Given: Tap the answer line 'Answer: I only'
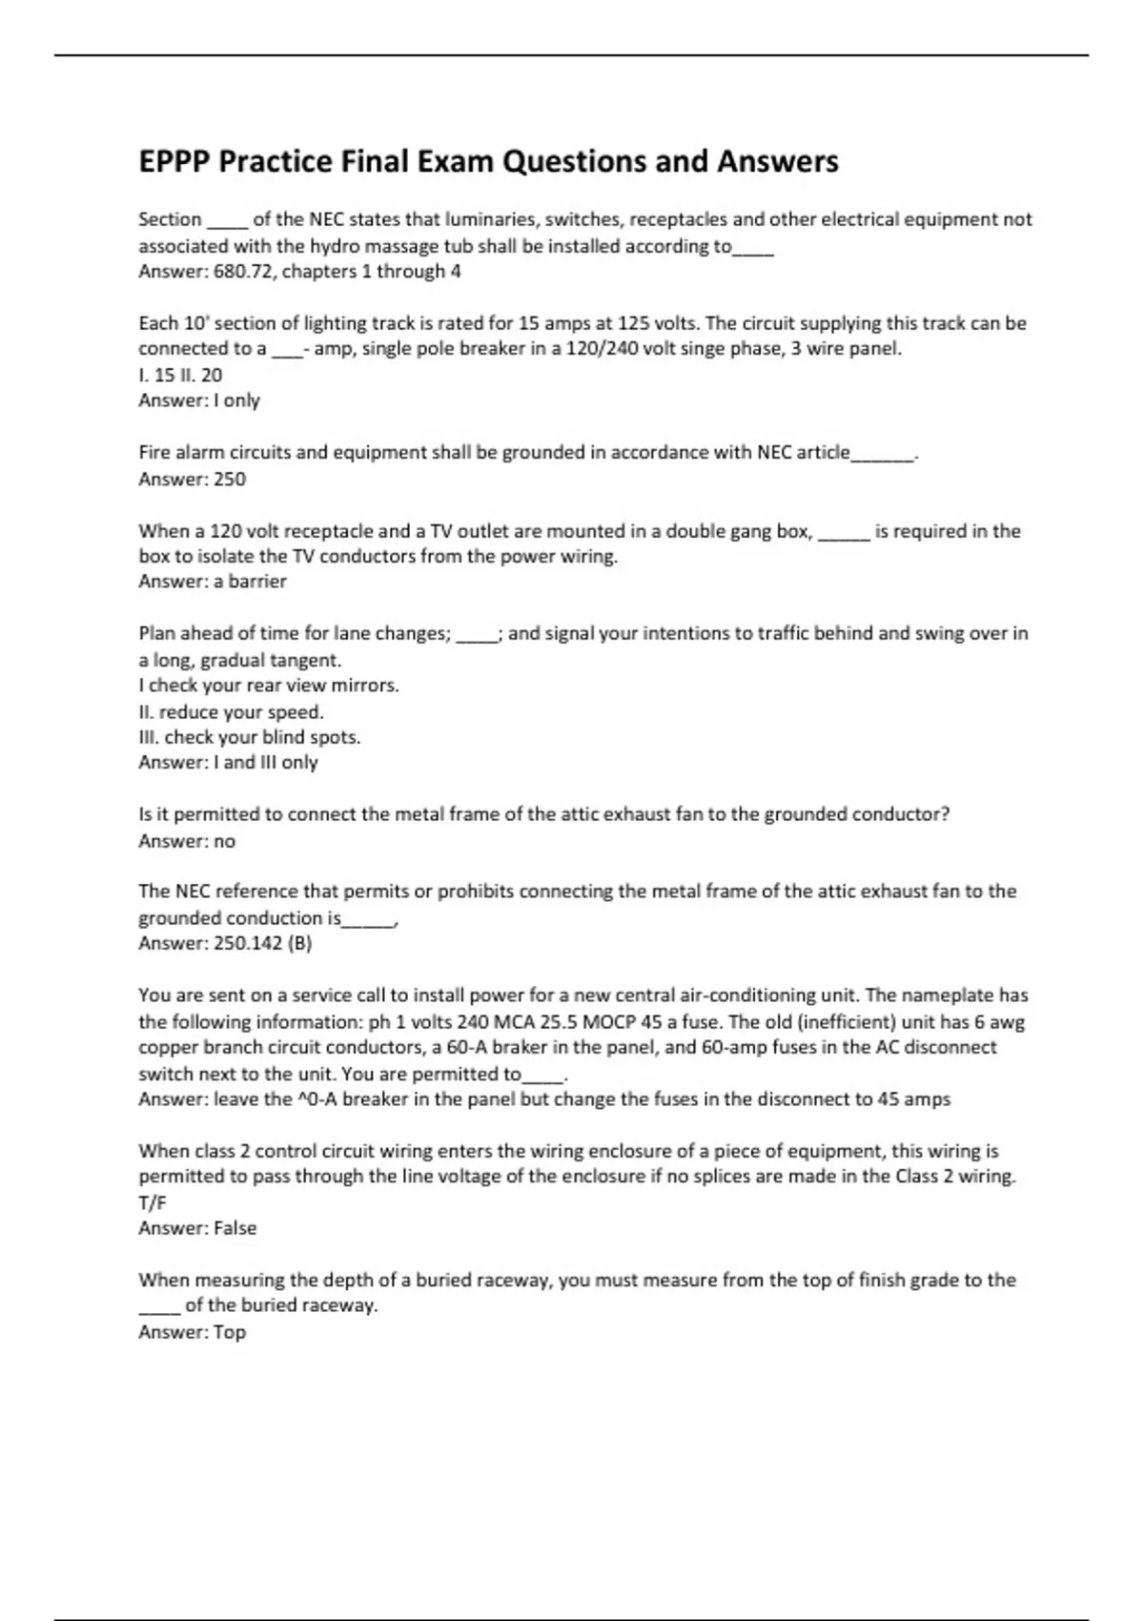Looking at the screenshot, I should click(199, 400).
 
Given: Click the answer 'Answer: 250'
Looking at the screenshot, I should click(192, 479).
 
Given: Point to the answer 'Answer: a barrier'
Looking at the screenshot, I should click(212, 582).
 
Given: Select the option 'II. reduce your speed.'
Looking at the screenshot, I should click(231, 711).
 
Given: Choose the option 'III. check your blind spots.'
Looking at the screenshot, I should click(249, 737).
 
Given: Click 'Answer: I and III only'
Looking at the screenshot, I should click(228, 763).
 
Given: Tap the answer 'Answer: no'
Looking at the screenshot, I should click(187, 841).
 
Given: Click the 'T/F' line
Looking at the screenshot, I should click(153, 1202).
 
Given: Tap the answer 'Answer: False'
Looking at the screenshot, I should click(197, 1228).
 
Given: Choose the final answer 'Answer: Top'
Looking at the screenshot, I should click(192, 1332).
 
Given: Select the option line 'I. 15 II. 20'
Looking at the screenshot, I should click(180, 375).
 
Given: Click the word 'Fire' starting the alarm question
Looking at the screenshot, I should click(155, 452).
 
